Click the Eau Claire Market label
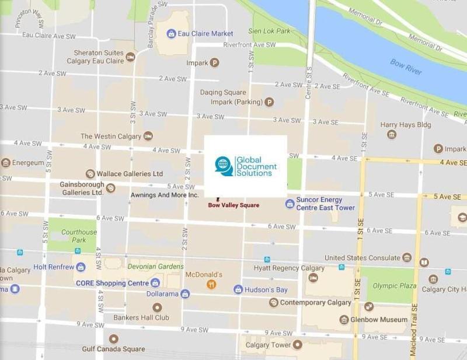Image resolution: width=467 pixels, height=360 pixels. click(206, 34)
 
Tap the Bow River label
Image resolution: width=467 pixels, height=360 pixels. click(406, 67)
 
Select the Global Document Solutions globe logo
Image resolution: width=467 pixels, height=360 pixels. click(224, 166)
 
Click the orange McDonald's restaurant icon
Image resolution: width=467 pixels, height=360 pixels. click(211, 284)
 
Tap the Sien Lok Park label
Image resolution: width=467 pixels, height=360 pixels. click(269, 31)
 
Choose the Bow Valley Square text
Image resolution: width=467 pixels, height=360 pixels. click(233, 205)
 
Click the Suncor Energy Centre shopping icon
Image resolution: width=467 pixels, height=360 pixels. click(290, 203)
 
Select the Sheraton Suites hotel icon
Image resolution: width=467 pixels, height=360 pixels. click(130, 57)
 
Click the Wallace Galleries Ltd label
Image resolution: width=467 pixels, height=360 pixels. click(129, 174)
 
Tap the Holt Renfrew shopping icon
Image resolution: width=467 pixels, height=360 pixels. click(81, 267)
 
